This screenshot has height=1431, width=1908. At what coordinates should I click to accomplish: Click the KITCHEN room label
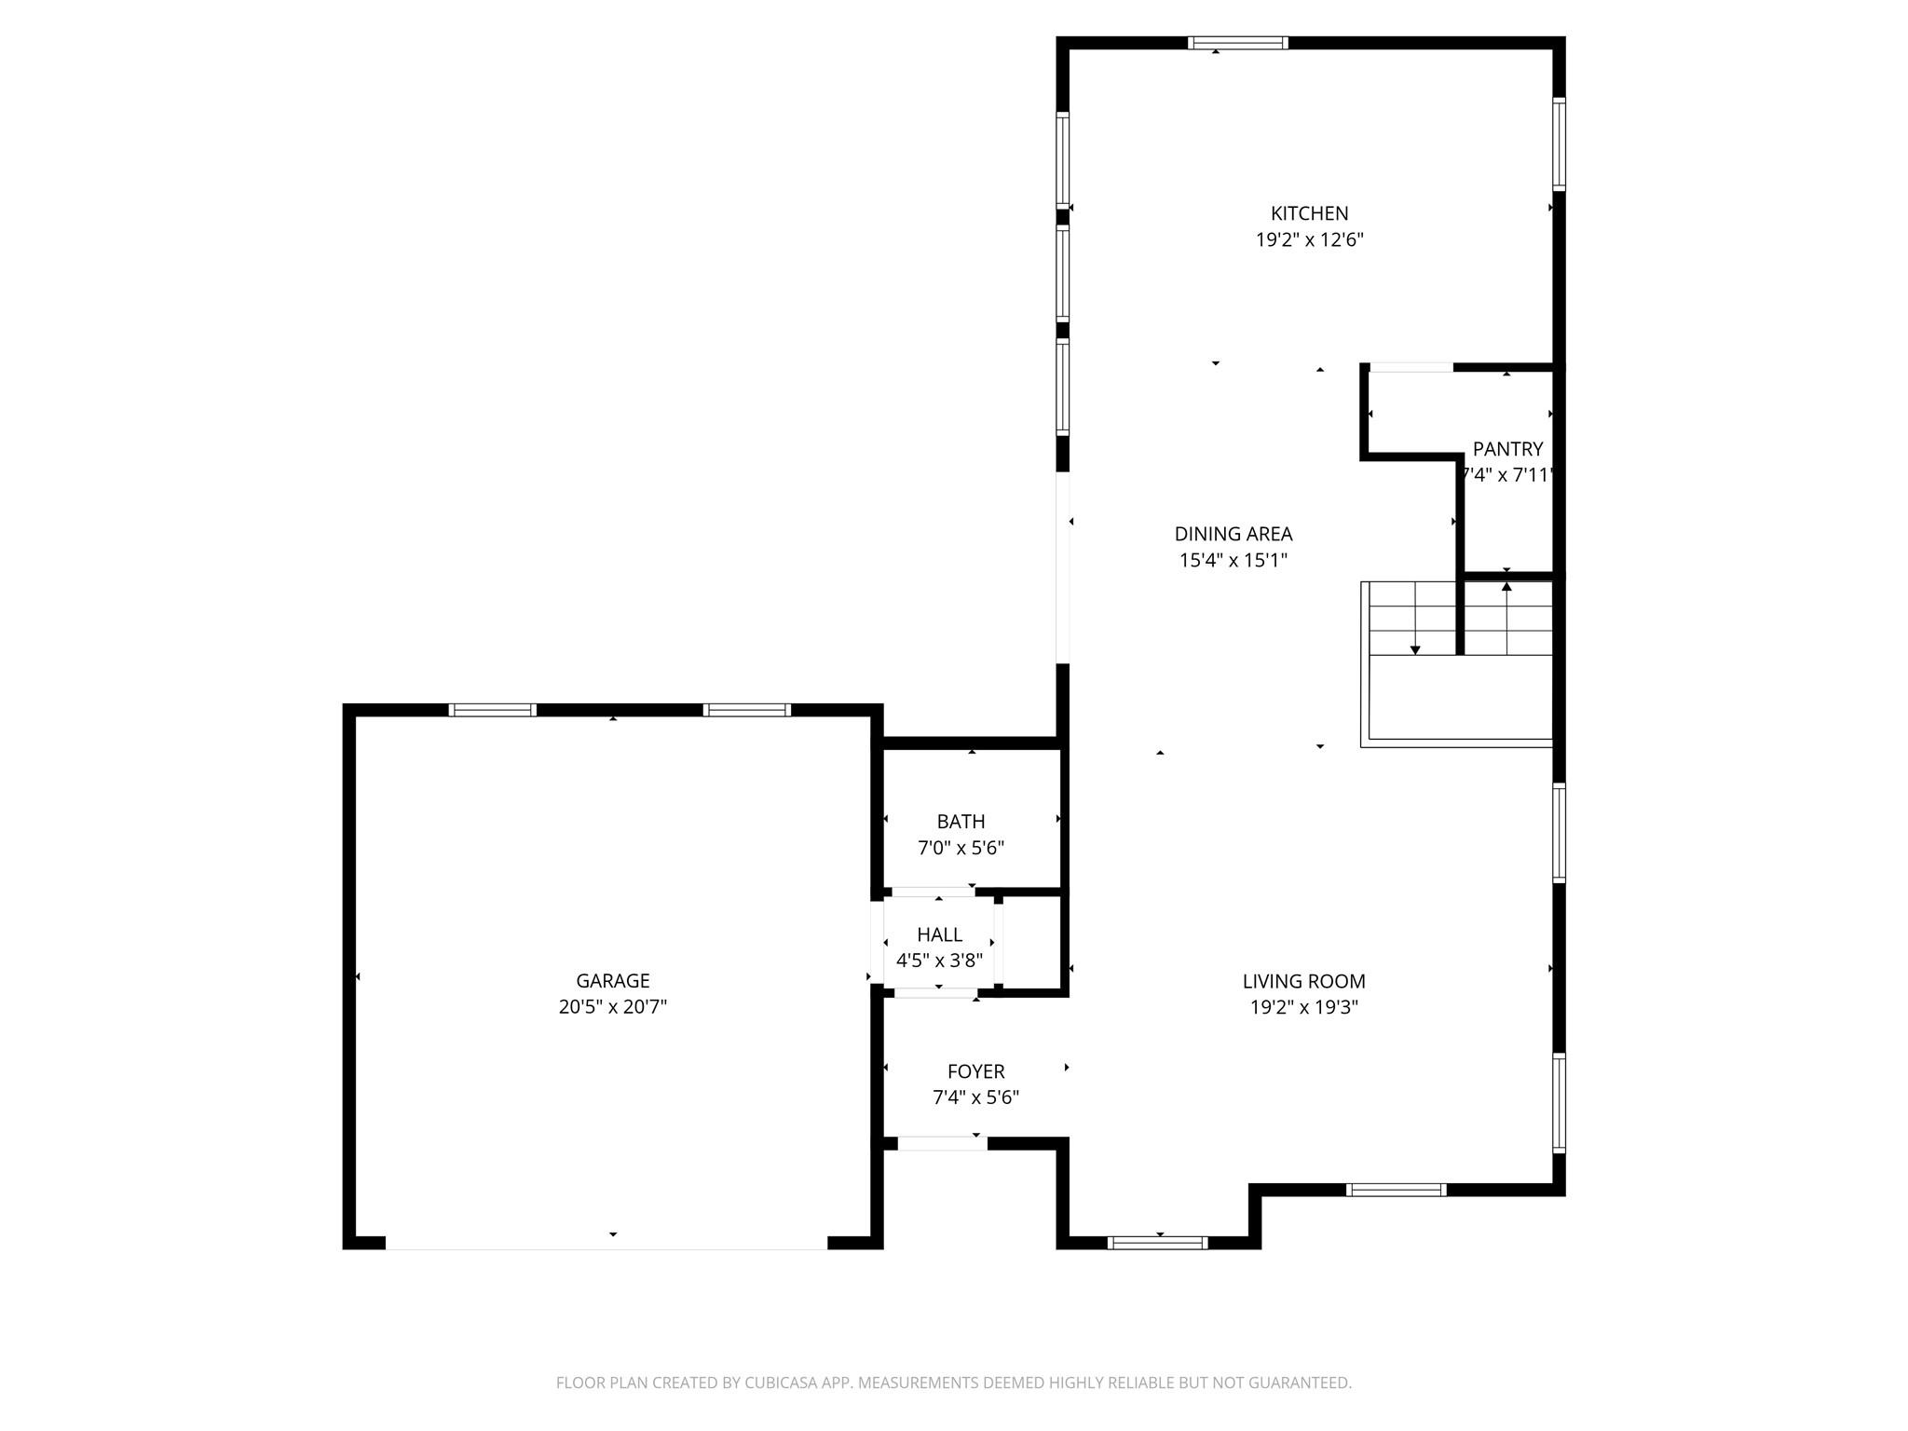coord(1309,213)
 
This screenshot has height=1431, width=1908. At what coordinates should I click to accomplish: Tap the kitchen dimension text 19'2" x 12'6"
coord(1309,240)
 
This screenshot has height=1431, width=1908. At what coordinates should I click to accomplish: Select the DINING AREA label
coord(1233,534)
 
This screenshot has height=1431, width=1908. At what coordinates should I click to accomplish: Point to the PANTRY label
coord(1507,449)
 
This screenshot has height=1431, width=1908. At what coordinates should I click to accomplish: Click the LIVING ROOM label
coord(1303,981)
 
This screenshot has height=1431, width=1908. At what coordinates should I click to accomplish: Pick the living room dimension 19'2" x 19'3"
coord(1303,1007)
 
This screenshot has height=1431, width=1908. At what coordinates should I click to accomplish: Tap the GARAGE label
coord(612,980)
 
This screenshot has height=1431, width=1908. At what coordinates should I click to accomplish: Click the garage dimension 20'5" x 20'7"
coord(612,1007)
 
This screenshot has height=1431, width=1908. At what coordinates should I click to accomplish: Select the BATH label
coord(961,822)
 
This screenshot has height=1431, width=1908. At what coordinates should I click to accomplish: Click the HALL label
coord(939,934)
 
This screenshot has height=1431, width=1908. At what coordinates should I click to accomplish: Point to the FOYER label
coord(975,1071)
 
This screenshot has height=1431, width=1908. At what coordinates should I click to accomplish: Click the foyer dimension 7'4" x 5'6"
coord(975,1097)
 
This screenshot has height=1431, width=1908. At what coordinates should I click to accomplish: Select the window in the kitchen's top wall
coord(1238,43)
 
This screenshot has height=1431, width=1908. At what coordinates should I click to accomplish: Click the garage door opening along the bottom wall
coord(606,1244)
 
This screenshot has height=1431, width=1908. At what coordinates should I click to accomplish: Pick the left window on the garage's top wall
coord(493,710)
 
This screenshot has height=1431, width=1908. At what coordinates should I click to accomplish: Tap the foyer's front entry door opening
coord(942,1143)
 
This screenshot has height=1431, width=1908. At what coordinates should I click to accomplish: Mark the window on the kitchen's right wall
coord(1559,144)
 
